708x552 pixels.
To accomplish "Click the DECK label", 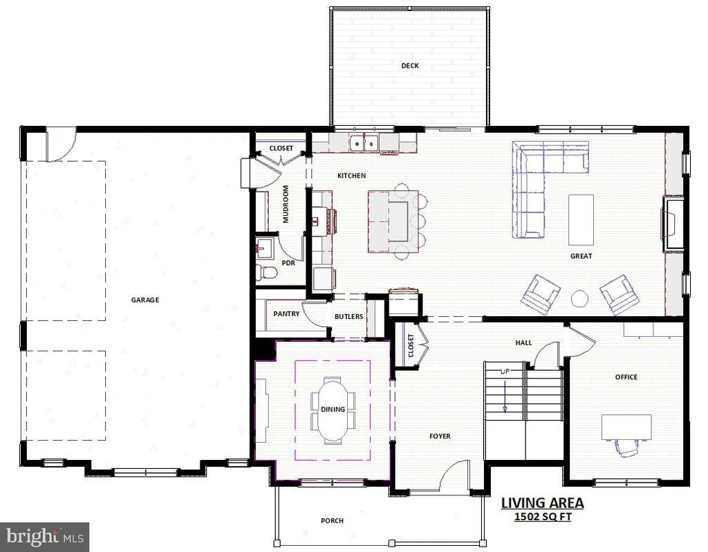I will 410,66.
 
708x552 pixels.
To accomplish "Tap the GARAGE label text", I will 145,300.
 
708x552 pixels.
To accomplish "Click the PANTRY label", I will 286,314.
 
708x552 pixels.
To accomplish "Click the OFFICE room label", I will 626,377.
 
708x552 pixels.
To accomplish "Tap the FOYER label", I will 440,436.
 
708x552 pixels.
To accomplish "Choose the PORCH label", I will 332,521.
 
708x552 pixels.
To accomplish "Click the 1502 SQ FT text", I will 542,517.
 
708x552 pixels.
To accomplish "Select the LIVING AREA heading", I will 542,503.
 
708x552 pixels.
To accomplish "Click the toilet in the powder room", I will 266,272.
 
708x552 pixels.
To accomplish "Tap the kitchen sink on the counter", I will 364,142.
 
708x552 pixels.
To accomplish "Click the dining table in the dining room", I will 333,410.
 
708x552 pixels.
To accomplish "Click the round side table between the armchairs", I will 579,298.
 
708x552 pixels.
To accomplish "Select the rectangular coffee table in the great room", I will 581,219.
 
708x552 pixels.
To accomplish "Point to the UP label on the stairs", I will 505,372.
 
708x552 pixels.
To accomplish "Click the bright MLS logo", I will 44,537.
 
